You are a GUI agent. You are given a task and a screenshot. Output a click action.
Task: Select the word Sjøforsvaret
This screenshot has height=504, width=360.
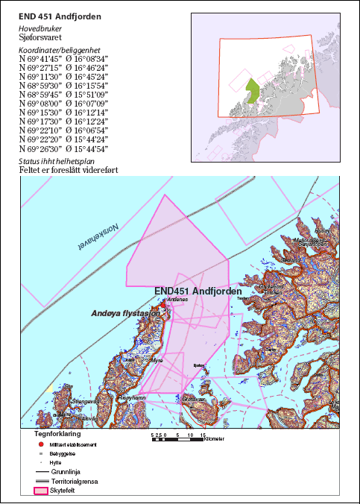[x=40, y=37]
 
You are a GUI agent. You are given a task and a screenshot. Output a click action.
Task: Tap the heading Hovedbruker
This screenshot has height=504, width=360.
[x=40, y=28]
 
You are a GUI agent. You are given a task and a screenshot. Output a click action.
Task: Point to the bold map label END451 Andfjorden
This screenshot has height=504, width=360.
[x=198, y=291]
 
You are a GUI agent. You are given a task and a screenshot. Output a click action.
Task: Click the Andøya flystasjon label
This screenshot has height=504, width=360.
[x=125, y=315]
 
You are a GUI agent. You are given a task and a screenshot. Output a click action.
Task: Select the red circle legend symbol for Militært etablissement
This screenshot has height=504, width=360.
[x=40, y=444]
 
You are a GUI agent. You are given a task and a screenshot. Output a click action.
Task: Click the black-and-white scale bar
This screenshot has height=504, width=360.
[x=176, y=439]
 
